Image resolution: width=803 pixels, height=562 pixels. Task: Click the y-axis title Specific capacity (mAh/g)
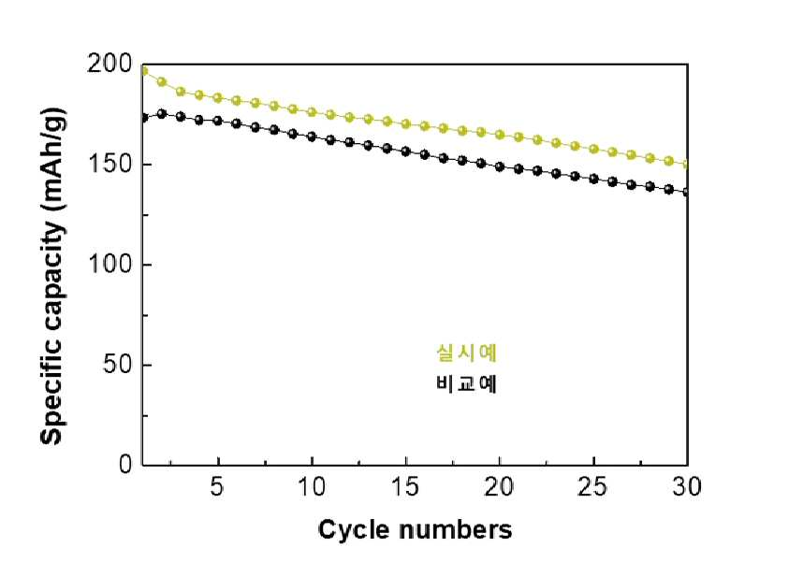[52, 277]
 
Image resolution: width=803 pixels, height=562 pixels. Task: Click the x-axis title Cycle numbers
[415, 530]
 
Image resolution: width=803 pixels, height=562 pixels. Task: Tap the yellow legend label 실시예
[466, 353]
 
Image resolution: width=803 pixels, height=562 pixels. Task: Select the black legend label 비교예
[466, 383]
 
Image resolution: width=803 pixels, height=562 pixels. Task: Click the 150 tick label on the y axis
[109, 165]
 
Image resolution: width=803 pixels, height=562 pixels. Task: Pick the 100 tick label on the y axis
[109, 265]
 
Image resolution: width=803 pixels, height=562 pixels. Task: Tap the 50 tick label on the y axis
[117, 365]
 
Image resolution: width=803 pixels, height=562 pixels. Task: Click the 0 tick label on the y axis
[125, 464]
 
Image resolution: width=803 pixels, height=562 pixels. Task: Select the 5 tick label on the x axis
[218, 487]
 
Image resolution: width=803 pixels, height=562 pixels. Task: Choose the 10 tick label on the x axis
[312, 487]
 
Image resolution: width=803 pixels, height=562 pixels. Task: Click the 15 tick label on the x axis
[405, 487]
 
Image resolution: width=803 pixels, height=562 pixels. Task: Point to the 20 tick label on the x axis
[499, 487]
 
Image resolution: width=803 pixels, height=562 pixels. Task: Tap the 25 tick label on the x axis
[592, 487]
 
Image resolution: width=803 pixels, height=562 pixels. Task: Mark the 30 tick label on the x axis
[686, 487]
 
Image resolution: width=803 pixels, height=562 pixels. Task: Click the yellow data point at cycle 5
[218, 98]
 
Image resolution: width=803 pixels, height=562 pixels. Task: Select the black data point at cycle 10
[312, 137]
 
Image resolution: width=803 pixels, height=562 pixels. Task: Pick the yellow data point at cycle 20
[500, 136]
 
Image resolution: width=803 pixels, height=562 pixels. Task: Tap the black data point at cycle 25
[593, 179]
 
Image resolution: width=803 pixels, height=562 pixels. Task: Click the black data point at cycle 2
[162, 114]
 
